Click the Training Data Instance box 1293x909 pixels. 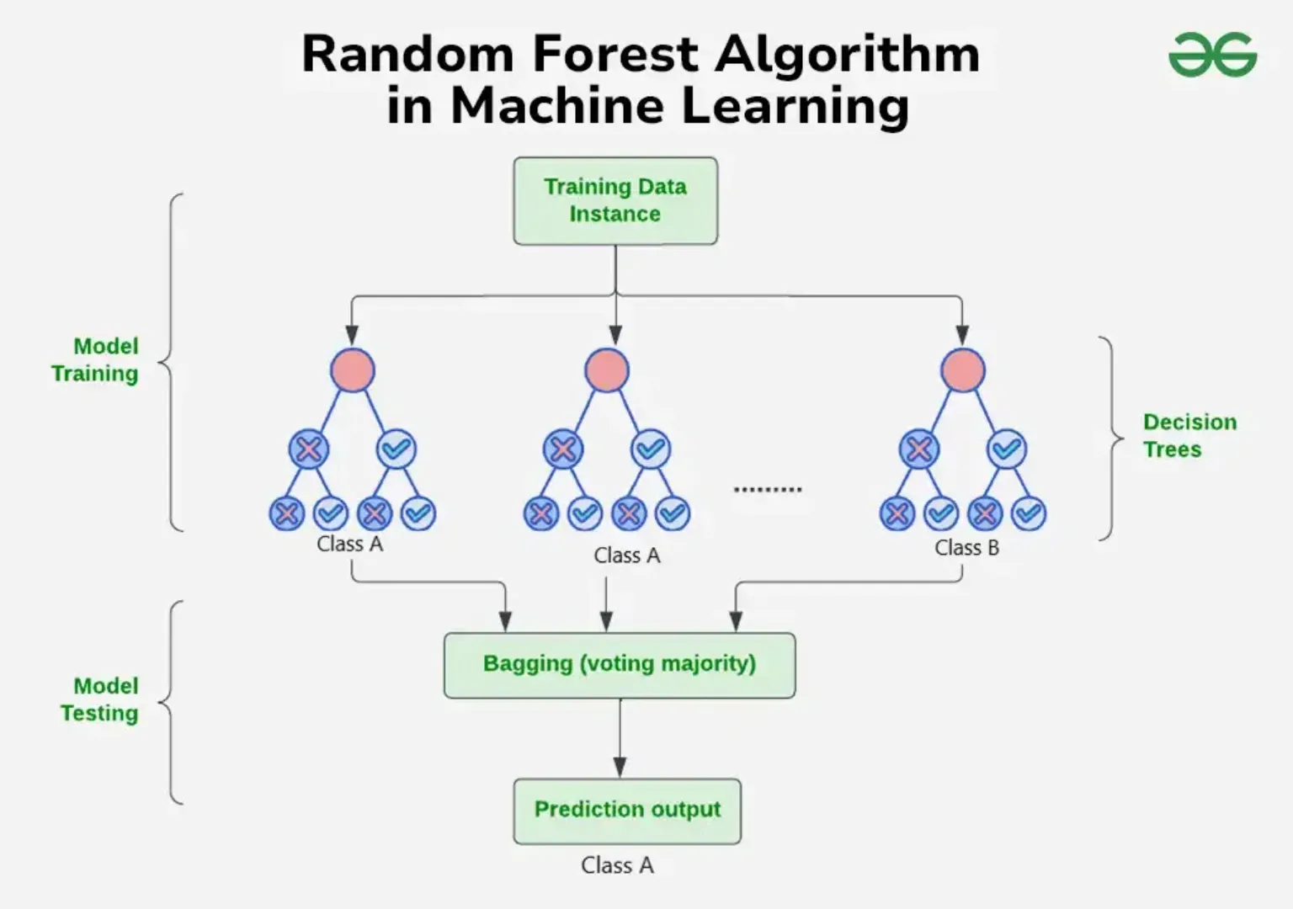click(x=615, y=200)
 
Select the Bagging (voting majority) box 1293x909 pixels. click(x=620, y=664)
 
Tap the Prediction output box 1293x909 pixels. click(x=627, y=810)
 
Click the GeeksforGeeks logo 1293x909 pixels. click(x=1212, y=56)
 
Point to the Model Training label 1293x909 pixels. click(x=95, y=359)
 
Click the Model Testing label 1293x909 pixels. click(x=99, y=699)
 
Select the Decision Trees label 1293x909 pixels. click(x=1189, y=435)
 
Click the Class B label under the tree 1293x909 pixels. click(x=966, y=548)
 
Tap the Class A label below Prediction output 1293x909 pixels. click(x=617, y=865)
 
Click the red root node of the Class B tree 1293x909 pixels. click(x=962, y=370)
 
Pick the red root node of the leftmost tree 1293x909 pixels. click(x=353, y=370)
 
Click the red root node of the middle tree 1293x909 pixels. click(x=607, y=370)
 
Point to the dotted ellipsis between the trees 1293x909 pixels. click(x=768, y=489)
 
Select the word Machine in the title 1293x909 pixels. click(x=558, y=106)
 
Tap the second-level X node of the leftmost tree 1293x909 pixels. click(x=309, y=449)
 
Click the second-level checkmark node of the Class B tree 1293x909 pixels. click(x=1007, y=449)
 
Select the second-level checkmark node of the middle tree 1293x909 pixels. click(x=651, y=449)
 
